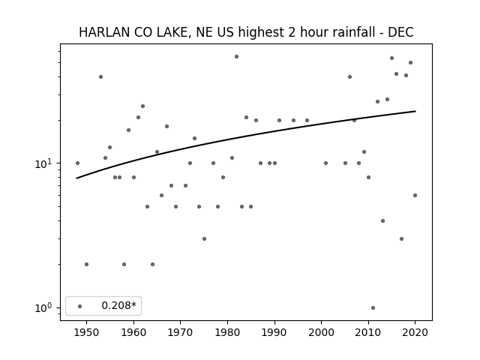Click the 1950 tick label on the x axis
tap(87, 332)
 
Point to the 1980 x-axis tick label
tap(227, 332)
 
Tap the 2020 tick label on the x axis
tap(415, 332)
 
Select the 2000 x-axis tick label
tap(322, 332)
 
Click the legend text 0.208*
tap(118, 305)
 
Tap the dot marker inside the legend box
tap(80, 306)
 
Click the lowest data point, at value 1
tap(373, 307)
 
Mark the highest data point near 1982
tap(237, 57)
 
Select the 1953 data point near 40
tap(100, 76)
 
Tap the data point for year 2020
tap(415, 195)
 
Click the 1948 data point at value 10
tap(77, 163)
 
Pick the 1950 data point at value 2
tap(87, 264)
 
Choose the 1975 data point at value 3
tap(204, 238)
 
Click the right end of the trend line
tap(415, 111)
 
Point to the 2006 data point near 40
tap(349, 76)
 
